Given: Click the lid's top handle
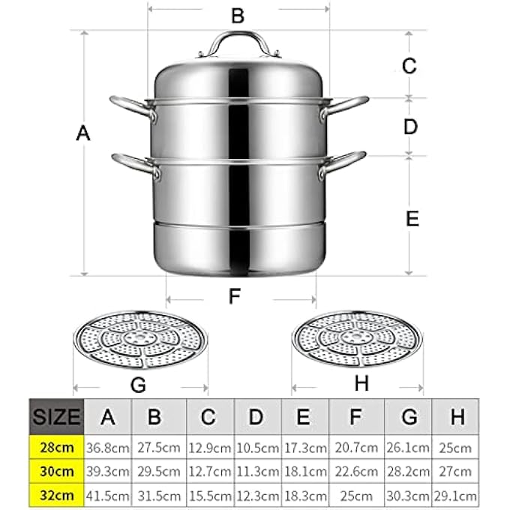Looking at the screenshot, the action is point(239,35).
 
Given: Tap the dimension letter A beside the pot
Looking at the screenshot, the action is point(83,133).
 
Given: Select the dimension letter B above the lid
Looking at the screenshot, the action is point(238,15).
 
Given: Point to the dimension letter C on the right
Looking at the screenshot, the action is point(409,66).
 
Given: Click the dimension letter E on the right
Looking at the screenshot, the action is point(412,218).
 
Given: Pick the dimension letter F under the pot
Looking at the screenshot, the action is point(235,295).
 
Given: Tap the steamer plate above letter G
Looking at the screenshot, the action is point(140,340).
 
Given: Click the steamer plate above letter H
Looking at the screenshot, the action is point(357,339).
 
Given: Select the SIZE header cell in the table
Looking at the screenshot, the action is point(56,417).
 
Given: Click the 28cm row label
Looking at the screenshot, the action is point(56,447).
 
